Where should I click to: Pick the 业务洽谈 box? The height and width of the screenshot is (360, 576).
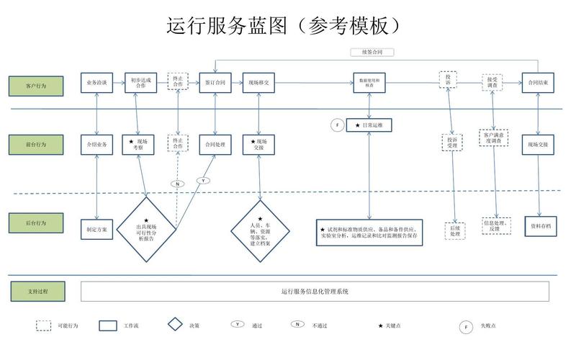point(97,83)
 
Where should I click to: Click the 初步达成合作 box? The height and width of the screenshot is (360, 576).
point(140,83)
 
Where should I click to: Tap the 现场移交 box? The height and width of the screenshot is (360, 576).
point(258,83)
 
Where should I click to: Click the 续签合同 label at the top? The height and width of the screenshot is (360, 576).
point(372,53)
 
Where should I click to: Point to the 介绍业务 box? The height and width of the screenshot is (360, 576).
point(97,145)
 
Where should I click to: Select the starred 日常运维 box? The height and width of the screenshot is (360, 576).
point(369,125)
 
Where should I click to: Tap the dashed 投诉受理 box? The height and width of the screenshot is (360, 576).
point(451,141)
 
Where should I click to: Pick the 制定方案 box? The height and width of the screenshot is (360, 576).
point(97,230)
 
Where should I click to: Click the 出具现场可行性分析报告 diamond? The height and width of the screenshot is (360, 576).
point(147,228)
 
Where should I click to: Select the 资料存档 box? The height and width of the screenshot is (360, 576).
point(541,225)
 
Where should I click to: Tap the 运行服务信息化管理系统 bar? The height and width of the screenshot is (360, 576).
point(315,292)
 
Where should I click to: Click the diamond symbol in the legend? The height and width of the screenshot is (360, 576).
point(175,325)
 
